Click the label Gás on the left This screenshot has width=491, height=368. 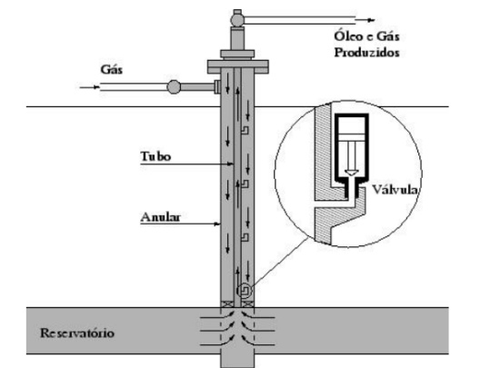[x=112, y=69]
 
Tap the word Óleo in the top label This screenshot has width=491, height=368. [x=347, y=35]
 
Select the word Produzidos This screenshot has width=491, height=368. [x=367, y=53]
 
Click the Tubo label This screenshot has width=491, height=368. [x=155, y=156]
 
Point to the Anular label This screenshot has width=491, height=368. [x=161, y=217]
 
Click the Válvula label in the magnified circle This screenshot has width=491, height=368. [x=396, y=189]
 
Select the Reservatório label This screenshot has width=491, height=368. [x=77, y=333]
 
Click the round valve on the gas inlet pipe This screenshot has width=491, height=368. [x=174, y=87]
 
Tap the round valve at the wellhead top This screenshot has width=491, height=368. [x=237, y=20]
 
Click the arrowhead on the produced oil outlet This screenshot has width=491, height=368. [x=371, y=20]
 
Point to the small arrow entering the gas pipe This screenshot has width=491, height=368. [x=90, y=87]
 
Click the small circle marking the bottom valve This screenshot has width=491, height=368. [x=245, y=291]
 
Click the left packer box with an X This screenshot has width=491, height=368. [x=227, y=303]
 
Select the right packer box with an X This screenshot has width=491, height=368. [x=247, y=303]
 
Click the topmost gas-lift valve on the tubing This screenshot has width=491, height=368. [x=245, y=130]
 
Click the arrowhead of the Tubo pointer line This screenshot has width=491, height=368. [x=231, y=164]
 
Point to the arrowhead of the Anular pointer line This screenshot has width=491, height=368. [x=217, y=224]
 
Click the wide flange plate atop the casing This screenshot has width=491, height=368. [x=238, y=66]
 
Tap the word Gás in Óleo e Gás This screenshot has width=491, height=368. [x=388, y=35]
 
